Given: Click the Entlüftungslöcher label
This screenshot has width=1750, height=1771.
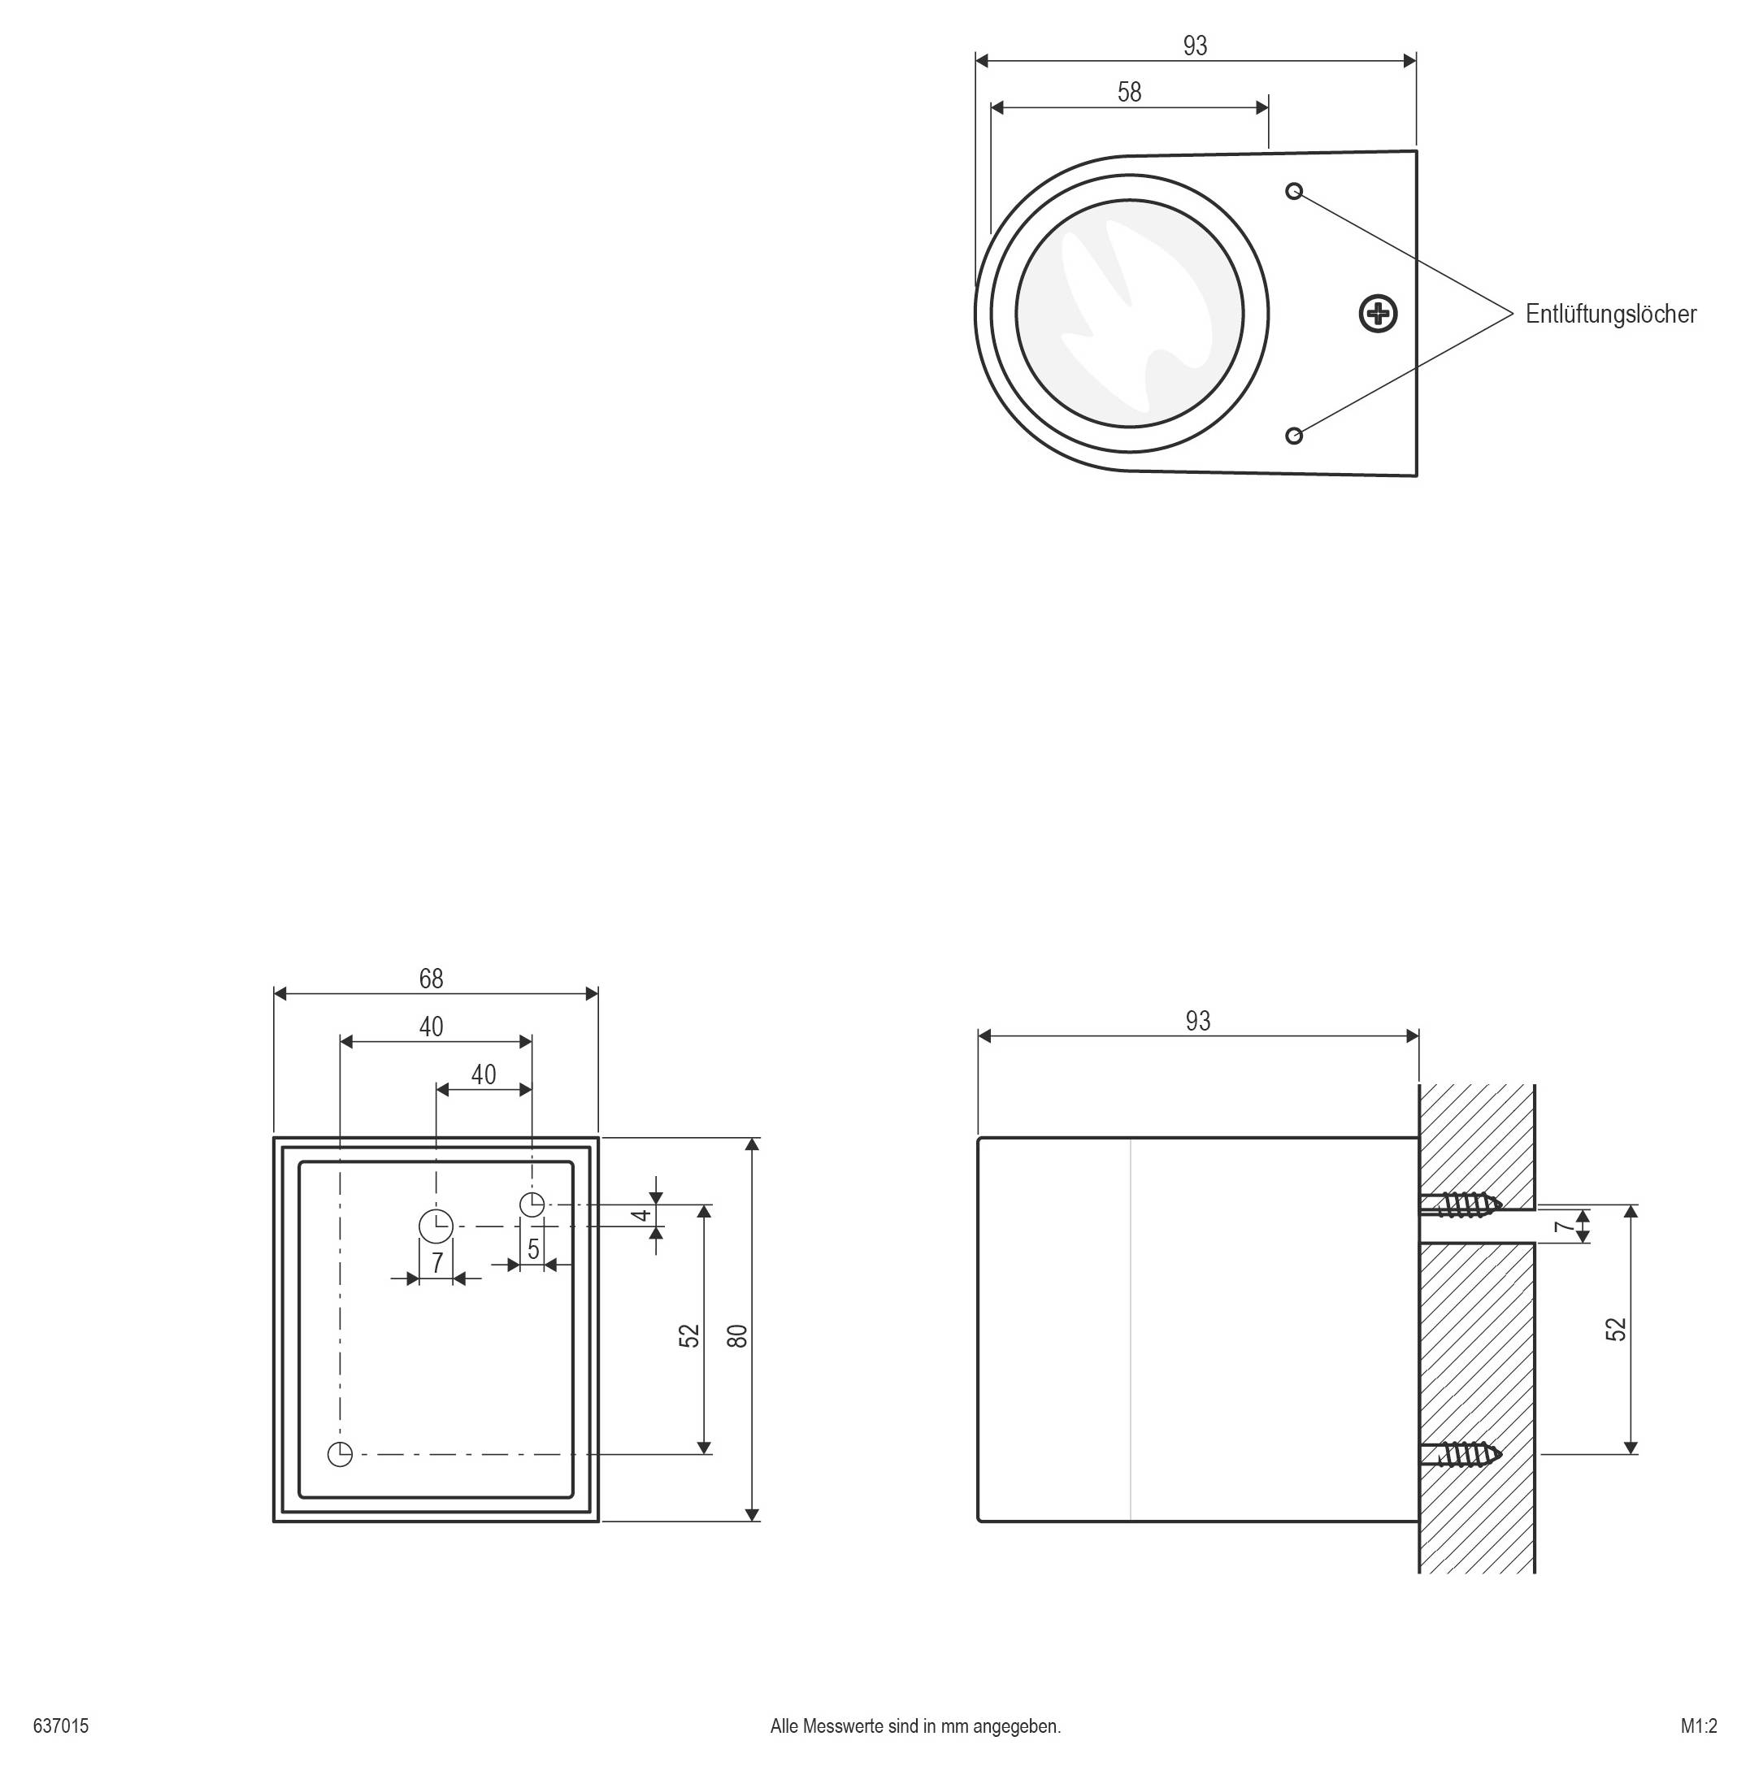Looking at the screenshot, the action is point(1609,315).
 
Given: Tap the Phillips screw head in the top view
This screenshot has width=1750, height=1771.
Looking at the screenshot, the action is point(1378,315).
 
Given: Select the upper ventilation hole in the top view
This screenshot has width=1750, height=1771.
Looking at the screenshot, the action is point(1293,191).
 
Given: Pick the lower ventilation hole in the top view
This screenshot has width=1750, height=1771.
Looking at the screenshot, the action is point(1293,436).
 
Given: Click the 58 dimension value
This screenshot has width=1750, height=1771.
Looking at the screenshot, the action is point(1129,93).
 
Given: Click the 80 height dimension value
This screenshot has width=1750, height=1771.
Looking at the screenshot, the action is point(738,1335).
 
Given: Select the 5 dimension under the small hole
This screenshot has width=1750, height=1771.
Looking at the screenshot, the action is point(533,1249).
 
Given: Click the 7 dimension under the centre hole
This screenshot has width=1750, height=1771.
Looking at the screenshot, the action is point(437,1263).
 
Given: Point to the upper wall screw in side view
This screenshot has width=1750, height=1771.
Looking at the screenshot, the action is point(1461,1204).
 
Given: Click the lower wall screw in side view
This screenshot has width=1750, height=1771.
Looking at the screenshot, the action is point(1461,1454).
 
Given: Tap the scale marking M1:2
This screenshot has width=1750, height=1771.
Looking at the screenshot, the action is point(1699,1726).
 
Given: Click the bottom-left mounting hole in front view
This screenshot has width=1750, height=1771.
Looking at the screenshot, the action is point(340,1454).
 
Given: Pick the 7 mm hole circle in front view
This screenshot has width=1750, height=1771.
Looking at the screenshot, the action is point(436,1226).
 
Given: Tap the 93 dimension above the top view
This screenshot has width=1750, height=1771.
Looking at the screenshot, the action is point(1196,46).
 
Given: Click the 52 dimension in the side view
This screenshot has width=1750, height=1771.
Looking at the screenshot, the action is point(1616,1329).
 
